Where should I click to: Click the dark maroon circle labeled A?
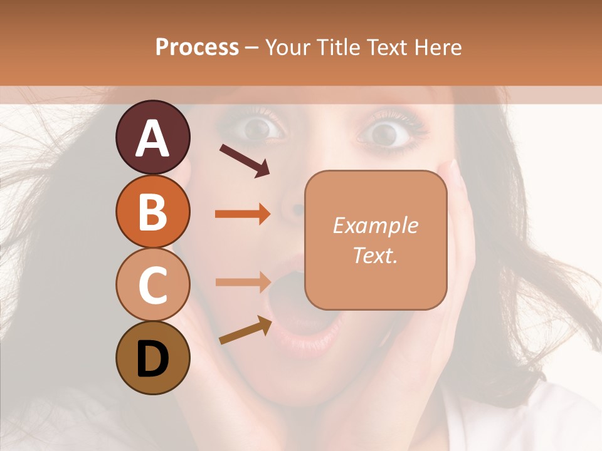point(152,137)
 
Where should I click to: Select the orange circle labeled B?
point(152,211)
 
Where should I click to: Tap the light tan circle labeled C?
point(152,284)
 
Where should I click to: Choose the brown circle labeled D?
point(152,358)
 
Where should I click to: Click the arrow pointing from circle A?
point(244,160)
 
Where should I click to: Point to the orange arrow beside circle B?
point(243,214)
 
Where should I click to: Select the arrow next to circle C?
point(243,282)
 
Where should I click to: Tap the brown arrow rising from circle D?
point(245,330)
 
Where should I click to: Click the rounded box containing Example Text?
point(376,240)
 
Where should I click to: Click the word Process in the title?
point(197,47)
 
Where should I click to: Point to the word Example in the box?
point(375,225)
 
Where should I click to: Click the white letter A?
point(152,138)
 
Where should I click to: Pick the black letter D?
point(152,359)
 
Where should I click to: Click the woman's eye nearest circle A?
point(257,128)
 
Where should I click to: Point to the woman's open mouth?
point(295,301)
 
